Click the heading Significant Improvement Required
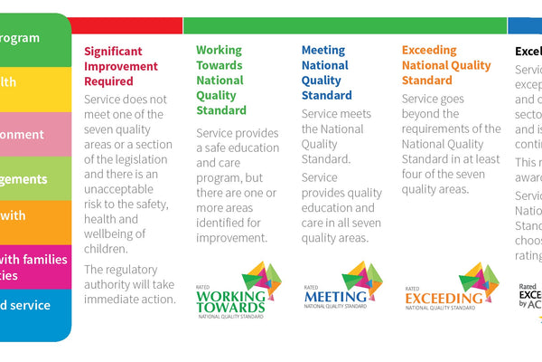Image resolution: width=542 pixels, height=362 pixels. coord(121,66)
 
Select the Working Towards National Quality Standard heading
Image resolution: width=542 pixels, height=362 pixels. coord(221,81)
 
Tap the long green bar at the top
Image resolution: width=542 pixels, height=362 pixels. coord(343,25)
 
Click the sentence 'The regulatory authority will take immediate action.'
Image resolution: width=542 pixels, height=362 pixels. coord(129,283)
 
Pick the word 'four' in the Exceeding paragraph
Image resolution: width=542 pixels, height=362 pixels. coord(416,173)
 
